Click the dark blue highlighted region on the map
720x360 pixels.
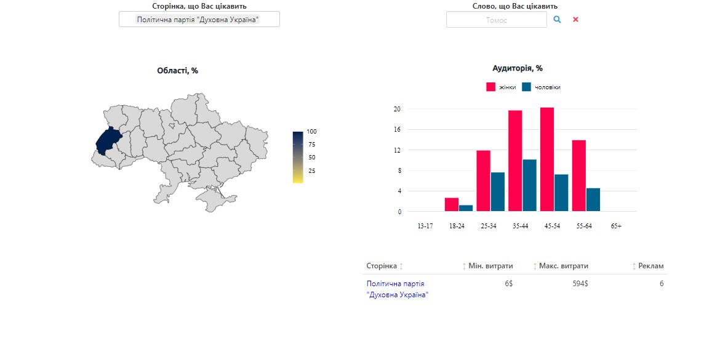(x=108, y=141)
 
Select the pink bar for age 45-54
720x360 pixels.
(x=547, y=159)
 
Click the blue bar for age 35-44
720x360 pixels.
(x=529, y=185)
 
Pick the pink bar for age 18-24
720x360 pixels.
(x=452, y=205)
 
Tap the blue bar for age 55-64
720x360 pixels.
(x=593, y=200)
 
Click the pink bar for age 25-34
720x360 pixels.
(x=484, y=181)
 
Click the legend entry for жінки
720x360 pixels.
(x=501, y=87)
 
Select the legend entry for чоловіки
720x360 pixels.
(x=542, y=87)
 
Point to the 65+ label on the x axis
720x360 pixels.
(x=616, y=226)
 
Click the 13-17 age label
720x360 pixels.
(x=425, y=226)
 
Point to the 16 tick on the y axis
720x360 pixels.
(x=397, y=129)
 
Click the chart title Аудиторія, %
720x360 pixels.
(x=518, y=68)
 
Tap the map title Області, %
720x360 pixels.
(x=178, y=71)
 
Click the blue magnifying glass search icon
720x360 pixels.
(x=557, y=19)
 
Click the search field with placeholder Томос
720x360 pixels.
(x=497, y=20)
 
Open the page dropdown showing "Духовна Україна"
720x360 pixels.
(x=199, y=19)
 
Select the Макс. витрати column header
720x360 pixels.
(x=564, y=266)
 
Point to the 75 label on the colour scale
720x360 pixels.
(x=312, y=144)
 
